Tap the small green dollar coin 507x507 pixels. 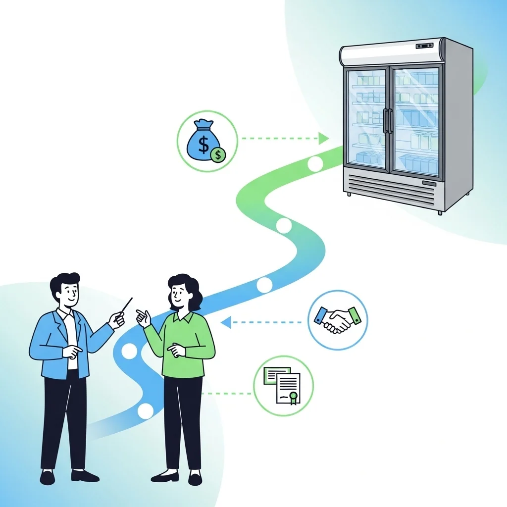click(217, 155)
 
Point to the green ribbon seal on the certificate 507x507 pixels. click(293, 397)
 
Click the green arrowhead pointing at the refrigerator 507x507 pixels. click(323, 138)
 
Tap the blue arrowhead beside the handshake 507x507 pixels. click(226, 323)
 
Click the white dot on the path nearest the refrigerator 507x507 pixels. click(315, 163)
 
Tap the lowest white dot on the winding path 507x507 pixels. click(146, 411)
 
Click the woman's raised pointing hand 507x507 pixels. click(144, 317)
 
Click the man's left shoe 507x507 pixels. click(48, 477)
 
